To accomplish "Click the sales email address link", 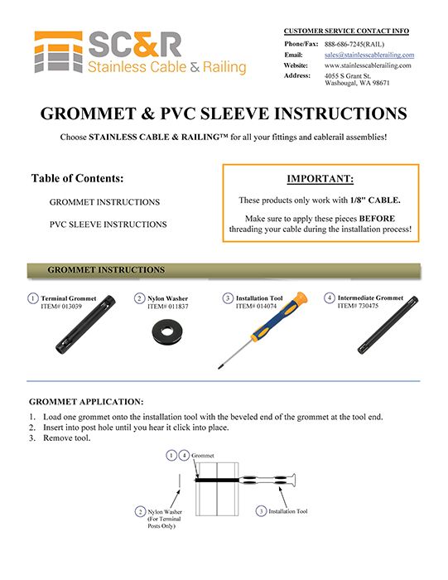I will tap(369, 54).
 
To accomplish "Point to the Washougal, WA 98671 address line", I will tap(358, 83).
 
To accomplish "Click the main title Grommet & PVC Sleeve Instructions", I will tap(224, 114).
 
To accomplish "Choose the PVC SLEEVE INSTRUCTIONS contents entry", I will tap(108, 224).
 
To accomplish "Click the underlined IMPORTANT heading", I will tap(320, 178).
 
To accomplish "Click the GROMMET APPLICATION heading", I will tap(86, 401).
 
